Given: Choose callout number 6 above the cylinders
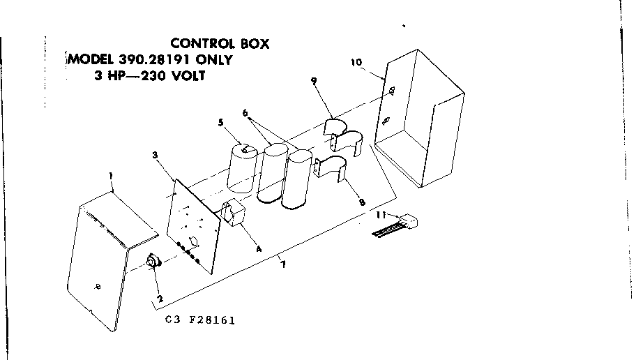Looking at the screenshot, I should point(245,112).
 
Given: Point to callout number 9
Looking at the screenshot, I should point(314,81).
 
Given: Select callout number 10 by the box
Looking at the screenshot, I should point(356,62).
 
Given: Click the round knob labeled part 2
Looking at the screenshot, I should point(153,263).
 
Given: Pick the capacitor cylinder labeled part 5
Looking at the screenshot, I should point(243,169).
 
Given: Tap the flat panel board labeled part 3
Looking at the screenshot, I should point(195,223).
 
